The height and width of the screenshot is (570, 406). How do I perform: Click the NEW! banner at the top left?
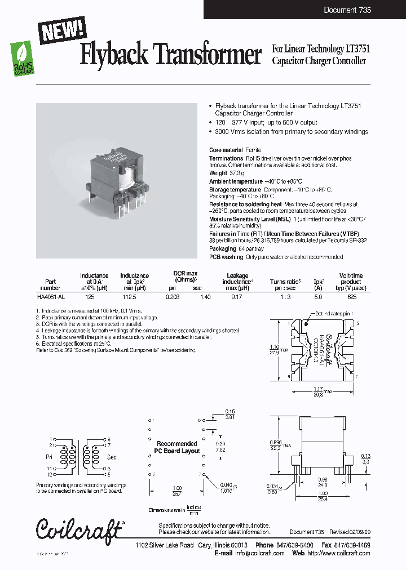(63, 29)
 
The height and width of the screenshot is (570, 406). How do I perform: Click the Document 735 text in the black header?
(347, 10)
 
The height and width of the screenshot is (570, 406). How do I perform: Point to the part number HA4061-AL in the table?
(51, 296)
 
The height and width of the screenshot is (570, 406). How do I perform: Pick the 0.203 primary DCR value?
(172, 296)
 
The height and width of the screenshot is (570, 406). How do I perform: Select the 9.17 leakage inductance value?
(237, 296)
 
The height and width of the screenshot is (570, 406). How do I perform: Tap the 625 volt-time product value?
(351, 296)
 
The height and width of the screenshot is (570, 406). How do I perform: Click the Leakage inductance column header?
(237, 279)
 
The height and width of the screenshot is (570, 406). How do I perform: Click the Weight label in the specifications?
(218, 173)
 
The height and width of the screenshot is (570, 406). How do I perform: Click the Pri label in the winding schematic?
(49, 457)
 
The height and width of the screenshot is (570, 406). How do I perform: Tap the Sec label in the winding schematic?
(111, 457)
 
